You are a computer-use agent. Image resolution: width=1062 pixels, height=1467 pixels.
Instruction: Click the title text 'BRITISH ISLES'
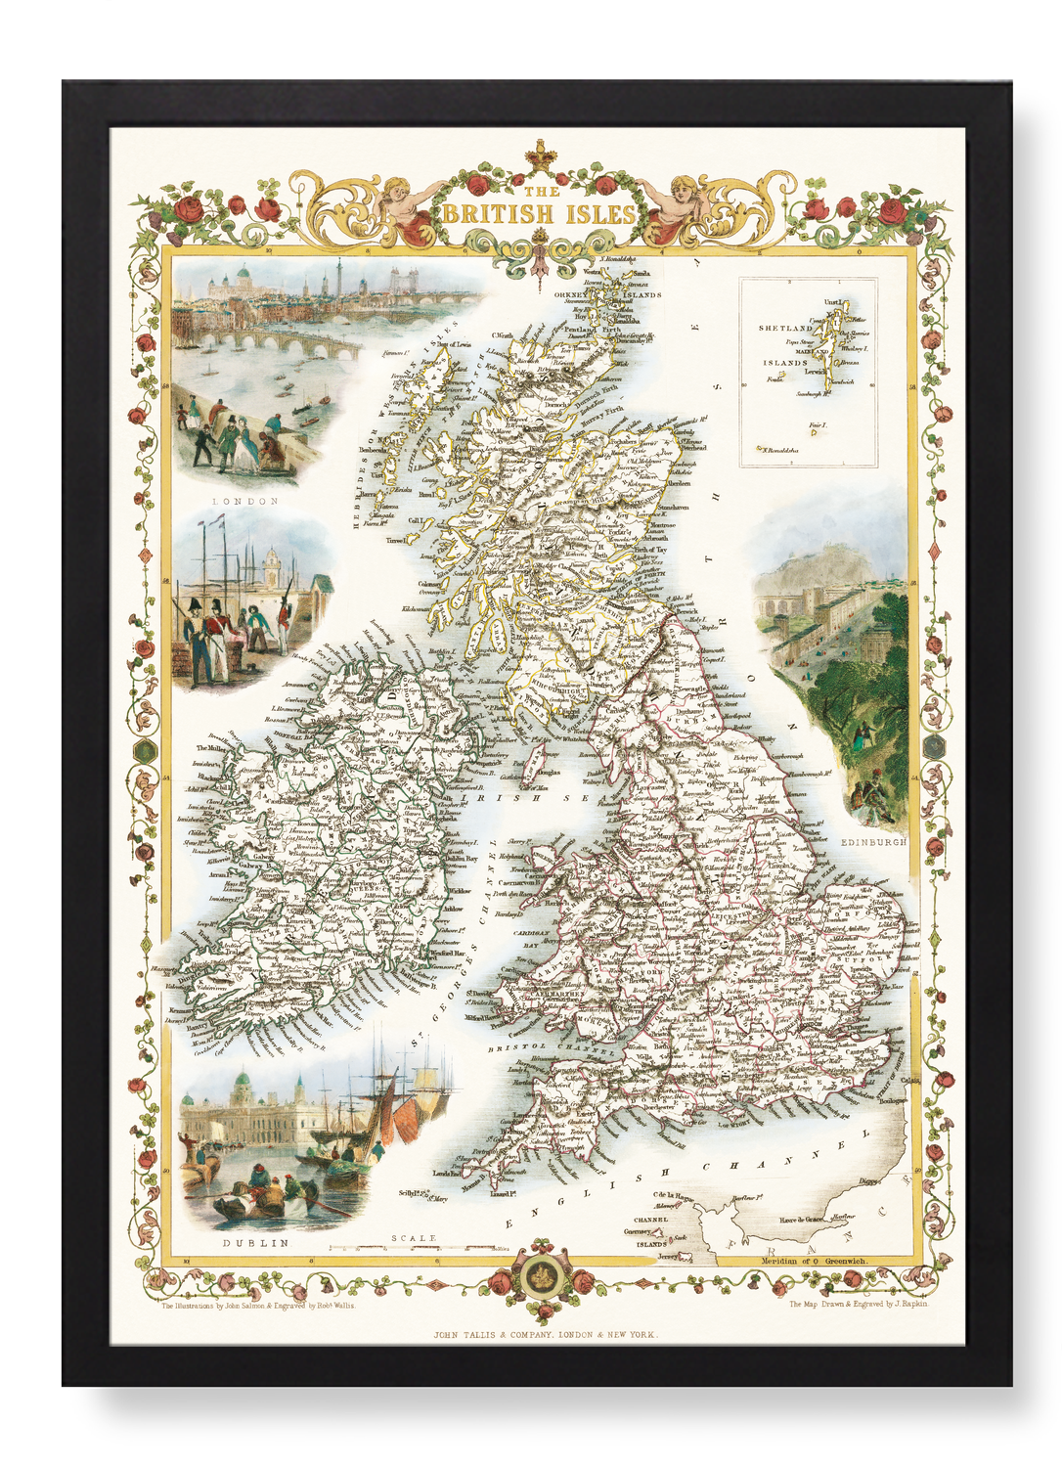click(x=539, y=213)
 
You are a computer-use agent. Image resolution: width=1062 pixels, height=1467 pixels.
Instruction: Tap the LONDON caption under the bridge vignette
click(x=245, y=501)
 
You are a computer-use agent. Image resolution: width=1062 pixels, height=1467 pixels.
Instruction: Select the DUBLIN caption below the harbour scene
click(x=255, y=1243)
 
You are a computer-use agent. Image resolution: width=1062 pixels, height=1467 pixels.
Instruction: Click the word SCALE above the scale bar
click(x=413, y=1238)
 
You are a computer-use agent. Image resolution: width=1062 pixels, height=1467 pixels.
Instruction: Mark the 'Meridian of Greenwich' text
click(x=813, y=1262)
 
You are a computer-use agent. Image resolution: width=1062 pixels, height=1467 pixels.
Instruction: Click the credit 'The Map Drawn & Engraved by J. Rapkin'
click(x=859, y=1304)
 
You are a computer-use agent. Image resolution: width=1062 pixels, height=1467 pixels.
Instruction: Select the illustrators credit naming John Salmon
click(x=258, y=1305)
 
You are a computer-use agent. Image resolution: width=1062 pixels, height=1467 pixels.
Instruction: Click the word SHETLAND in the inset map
click(x=785, y=328)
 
